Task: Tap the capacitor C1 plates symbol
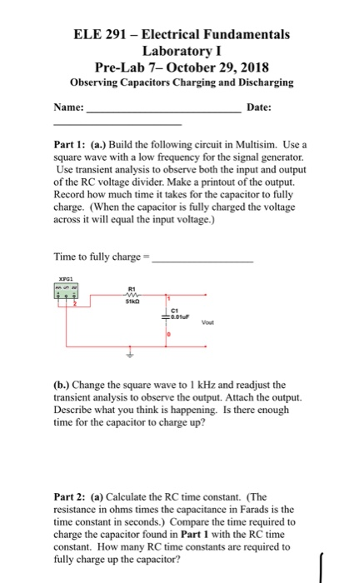(167, 316)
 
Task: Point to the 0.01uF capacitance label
(182, 317)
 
